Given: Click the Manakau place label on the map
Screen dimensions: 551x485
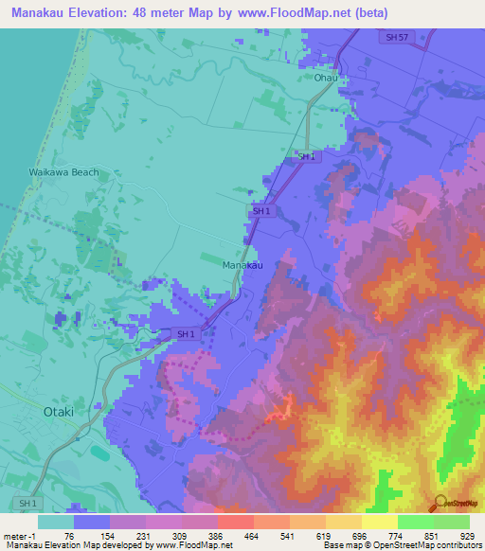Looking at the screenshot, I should coord(242,266).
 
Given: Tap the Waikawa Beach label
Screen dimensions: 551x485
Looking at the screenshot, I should coord(63,172).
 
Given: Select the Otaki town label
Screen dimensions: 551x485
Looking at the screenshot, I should coord(58,412).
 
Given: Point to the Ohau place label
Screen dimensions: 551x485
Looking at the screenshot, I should coord(325,79).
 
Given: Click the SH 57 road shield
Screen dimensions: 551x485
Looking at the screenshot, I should coord(398,37).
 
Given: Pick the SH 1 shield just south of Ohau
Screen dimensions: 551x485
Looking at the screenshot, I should coord(307,157).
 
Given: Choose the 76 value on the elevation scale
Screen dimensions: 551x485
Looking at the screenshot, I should coord(69,536).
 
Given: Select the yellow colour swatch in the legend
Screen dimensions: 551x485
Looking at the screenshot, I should coord(379,522).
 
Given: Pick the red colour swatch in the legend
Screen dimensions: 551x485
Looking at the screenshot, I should coord(235,522).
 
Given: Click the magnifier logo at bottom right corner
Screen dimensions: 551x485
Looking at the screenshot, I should coord(440,505).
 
